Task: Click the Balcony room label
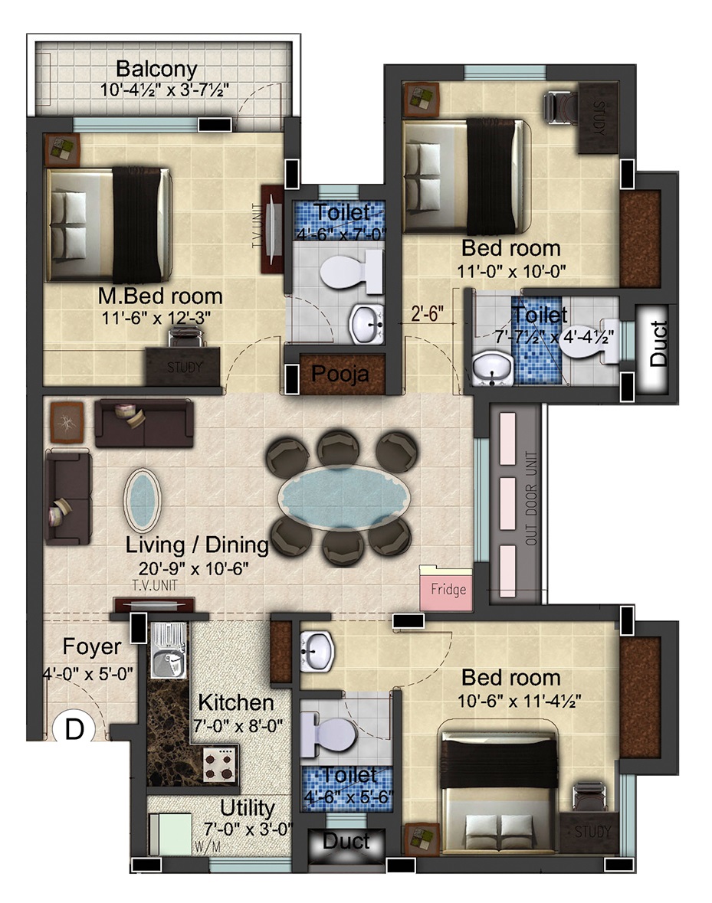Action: click(x=156, y=69)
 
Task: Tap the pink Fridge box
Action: click(x=447, y=588)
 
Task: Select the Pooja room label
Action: click(x=340, y=375)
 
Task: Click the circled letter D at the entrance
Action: click(x=74, y=729)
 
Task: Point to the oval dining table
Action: click(x=344, y=498)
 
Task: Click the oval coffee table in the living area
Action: click(x=142, y=500)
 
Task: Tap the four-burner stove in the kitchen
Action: click(x=219, y=764)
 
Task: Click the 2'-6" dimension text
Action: click(x=427, y=313)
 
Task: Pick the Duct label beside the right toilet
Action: click(x=658, y=343)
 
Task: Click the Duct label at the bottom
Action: click(x=346, y=841)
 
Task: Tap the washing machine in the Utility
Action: click(x=170, y=834)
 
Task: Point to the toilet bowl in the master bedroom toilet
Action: click(x=351, y=271)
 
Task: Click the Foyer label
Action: click(x=92, y=646)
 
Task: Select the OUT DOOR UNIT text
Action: click(x=531, y=499)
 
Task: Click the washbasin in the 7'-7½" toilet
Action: click(x=493, y=368)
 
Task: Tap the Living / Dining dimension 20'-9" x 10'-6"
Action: click(x=194, y=568)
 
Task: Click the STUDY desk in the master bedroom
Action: click(x=182, y=366)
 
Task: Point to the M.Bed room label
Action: click(x=160, y=296)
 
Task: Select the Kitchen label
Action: click(x=235, y=702)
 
